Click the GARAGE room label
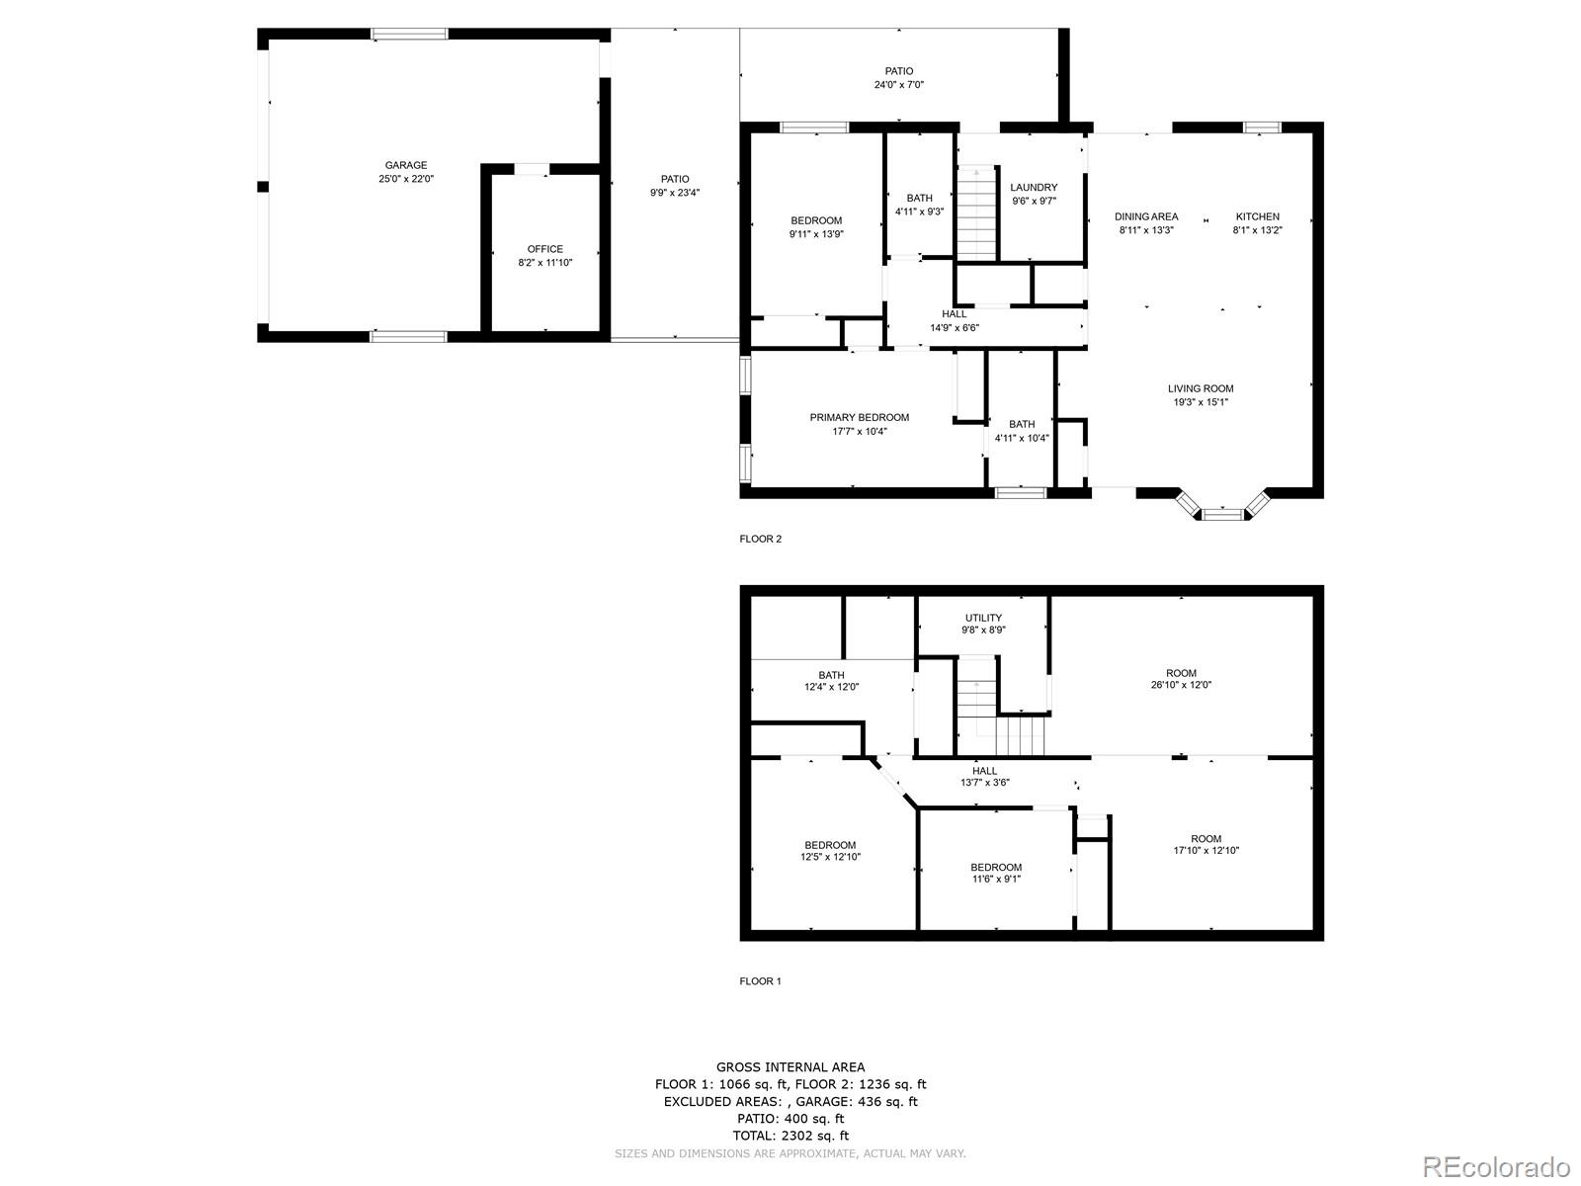pyautogui.click(x=405, y=165)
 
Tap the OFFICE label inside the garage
pyautogui.click(x=544, y=249)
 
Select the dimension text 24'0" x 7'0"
pyautogui.click(x=899, y=84)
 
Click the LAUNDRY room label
pyautogui.click(x=1034, y=187)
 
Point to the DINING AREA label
pyautogui.click(x=1146, y=216)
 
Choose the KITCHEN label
pyautogui.click(x=1258, y=216)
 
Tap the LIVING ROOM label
pyautogui.click(x=1201, y=388)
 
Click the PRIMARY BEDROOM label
pyautogui.click(x=860, y=418)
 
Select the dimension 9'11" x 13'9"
pyautogui.click(x=816, y=234)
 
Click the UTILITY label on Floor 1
pyautogui.click(x=983, y=618)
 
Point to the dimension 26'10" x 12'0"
pyautogui.click(x=1181, y=685)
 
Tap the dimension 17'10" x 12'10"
pyautogui.click(x=1207, y=850)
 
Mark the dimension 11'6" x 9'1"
pyautogui.click(x=996, y=879)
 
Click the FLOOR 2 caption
pyautogui.click(x=760, y=539)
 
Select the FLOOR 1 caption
pyautogui.click(x=760, y=980)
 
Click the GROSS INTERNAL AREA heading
pyautogui.click(x=790, y=1067)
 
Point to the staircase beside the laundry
pyautogui.click(x=976, y=212)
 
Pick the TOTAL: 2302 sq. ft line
pyautogui.click(x=790, y=1136)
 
